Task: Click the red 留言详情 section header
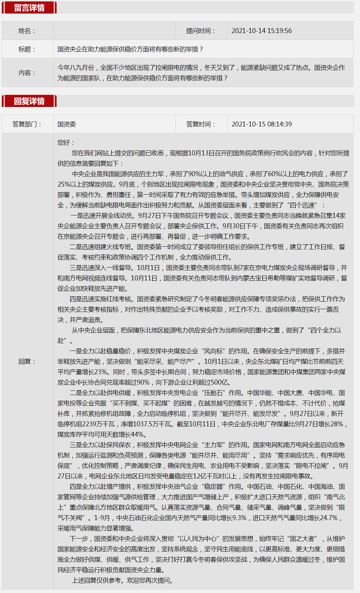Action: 29,8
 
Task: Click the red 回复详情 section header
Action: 29,101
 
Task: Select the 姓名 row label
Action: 27,31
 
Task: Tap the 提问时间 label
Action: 201,31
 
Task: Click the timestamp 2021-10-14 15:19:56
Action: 262,31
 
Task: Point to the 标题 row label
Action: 27,49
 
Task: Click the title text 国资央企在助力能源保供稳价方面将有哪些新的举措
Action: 130,49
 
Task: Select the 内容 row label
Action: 27,73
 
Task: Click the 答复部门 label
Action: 27,124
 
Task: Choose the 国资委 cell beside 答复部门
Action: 67,124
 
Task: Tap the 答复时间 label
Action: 201,124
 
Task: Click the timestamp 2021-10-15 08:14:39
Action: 262,124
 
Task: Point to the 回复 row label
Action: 27,362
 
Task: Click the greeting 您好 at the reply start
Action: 65,143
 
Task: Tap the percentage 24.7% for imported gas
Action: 328,518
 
